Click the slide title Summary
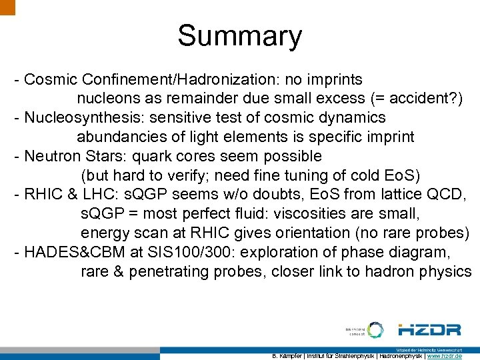(239, 36)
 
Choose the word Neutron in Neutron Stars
(50, 157)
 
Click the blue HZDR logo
(429, 330)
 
